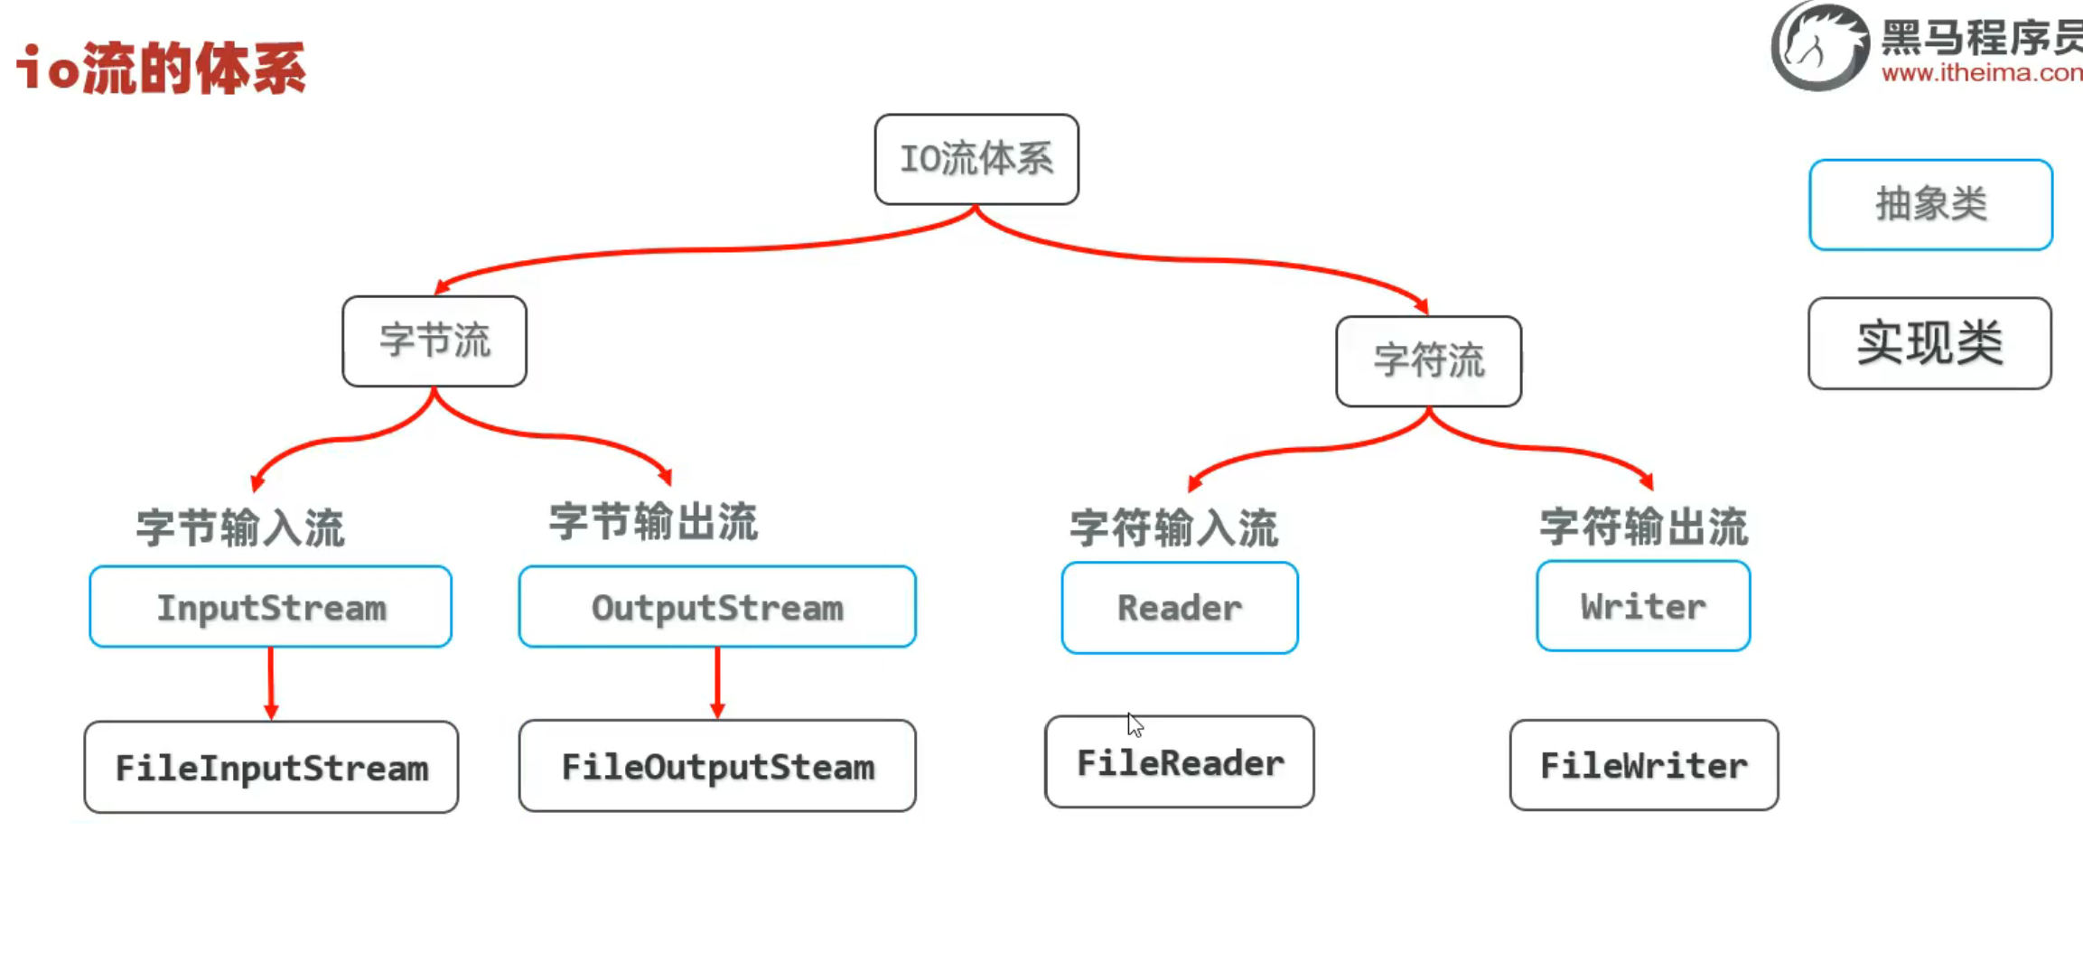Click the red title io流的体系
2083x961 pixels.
pos(162,68)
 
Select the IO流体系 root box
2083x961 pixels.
pos(976,159)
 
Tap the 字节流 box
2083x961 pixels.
pos(434,341)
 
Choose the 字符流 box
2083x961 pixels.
pos(1429,361)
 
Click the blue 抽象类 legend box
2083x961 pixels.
pos(1931,205)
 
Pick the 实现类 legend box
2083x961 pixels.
pos(1930,343)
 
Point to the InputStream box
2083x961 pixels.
pos(271,607)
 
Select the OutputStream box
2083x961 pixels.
pos(717,607)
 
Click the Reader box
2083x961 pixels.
pos(1180,608)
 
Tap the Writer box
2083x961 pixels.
pos(1643,606)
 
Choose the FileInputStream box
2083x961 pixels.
pos(271,767)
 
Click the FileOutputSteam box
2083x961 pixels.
pos(717,766)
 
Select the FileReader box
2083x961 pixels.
pos(1180,762)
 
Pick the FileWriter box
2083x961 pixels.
pos(1644,765)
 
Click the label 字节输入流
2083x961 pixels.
pos(240,527)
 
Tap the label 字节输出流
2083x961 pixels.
pos(653,522)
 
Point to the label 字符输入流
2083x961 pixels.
pos(1174,527)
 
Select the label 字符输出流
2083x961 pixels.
pos(1644,527)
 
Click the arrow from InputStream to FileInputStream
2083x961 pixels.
pos(271,684)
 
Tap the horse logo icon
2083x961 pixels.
pos(1820,46)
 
